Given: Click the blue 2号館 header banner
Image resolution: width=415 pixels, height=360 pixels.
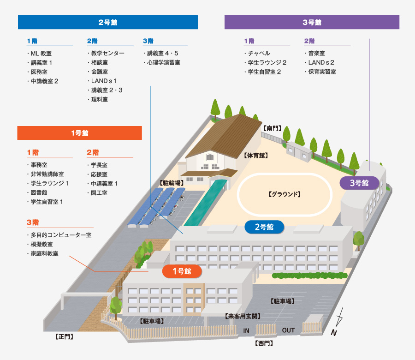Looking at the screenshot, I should click(x=107, y=22).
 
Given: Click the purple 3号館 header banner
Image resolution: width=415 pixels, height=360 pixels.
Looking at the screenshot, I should click(x=312, y=22).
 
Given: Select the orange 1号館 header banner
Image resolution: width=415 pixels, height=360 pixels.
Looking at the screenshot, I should click(x=79, y=133).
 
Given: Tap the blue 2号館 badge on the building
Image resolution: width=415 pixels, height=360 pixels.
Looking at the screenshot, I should click(x=264, y=227).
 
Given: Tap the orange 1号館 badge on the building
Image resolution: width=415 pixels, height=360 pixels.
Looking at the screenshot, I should click(x=182, y=271).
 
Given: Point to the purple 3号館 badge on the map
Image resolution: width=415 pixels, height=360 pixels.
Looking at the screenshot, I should click(x=360, y=183).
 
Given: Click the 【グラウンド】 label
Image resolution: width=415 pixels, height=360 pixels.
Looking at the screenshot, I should click(x=285, y=195).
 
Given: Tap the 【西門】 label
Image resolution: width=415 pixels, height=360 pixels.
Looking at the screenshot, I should click(x=263, y=343).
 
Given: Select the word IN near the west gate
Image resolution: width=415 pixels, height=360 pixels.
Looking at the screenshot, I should click(x=246, y=330).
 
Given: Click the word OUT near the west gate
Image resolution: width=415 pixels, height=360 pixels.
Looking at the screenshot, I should click(x=288, y=330).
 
